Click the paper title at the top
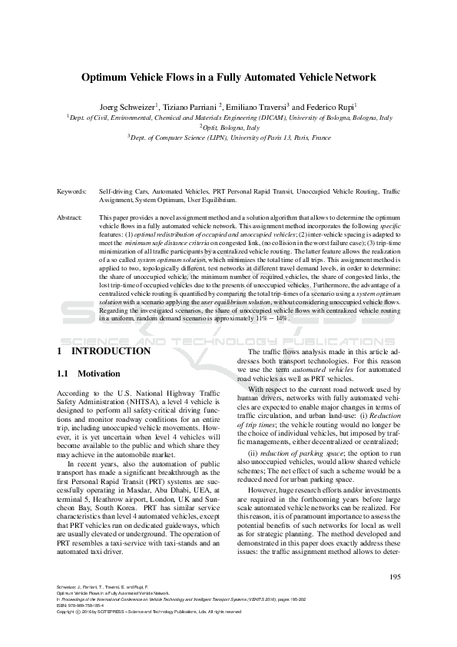pyautogui.click(x=228, y=78)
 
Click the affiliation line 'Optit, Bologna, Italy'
pyautogui.click(x=229, y=127)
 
